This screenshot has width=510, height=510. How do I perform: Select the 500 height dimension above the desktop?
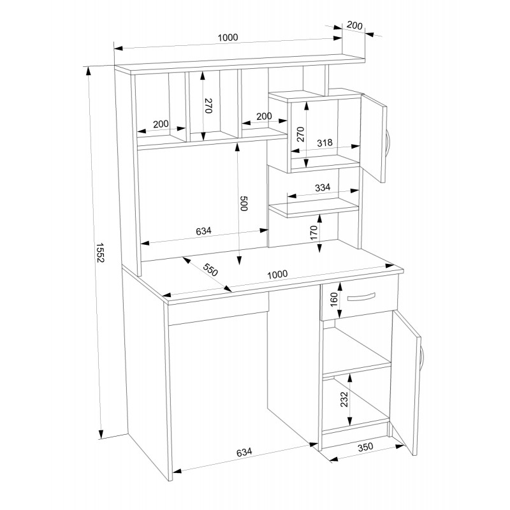point(244,204)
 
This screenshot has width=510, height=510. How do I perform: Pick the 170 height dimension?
point(314,233)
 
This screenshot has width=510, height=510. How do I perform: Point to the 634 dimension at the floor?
point(244,453)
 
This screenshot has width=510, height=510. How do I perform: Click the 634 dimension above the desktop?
point(203,231)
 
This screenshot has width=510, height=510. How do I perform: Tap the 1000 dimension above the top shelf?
point(227,38)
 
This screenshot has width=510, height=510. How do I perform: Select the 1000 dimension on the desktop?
point(277,275)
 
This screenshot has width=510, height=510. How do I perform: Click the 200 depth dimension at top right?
point(355,26)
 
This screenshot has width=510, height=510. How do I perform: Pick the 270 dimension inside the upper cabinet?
point(302,134)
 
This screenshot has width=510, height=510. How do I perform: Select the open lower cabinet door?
point(406,379)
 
